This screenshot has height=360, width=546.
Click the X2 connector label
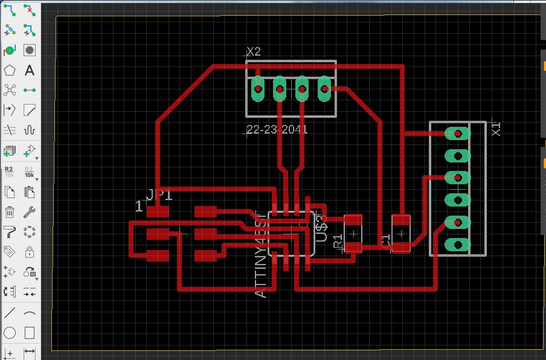(254, 53)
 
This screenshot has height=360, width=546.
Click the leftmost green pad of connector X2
(258, 89)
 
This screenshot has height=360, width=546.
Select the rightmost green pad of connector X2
(324, 89)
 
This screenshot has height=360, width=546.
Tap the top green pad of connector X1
(458, 133)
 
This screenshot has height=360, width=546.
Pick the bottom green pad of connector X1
(458, 245)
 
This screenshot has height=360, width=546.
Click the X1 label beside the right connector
(496, 128)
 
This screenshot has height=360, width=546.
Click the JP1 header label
(159, 195)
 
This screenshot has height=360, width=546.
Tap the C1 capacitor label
(386, 239)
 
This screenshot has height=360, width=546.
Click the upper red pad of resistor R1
(353, 221)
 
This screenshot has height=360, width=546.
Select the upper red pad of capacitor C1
(401, 220)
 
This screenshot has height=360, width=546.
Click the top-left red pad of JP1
(158, 212)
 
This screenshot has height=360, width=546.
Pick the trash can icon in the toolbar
(10, 212)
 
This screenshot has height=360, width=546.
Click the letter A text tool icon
(29, 71)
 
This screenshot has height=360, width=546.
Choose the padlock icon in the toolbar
(29, 251)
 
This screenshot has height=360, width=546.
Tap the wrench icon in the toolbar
(29, 212)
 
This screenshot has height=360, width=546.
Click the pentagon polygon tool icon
(10, 71)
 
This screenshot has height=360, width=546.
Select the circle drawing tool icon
(10, 333)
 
